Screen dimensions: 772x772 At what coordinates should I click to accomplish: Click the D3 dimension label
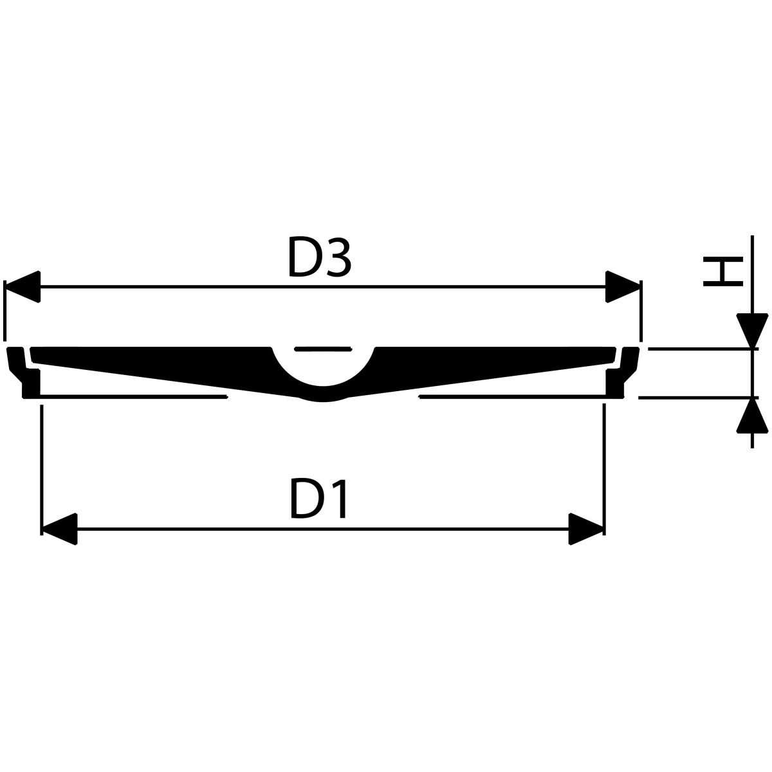click(320, 257)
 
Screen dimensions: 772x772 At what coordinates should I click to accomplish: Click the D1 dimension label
click(318, 499)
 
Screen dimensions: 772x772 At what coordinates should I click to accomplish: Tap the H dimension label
click(723, 271)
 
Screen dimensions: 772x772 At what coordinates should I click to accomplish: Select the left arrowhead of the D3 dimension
click(22, 286)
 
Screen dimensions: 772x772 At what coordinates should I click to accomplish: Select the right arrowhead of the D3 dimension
click(623, 286)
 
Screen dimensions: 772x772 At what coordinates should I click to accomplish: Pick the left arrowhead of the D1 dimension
click(59, 529)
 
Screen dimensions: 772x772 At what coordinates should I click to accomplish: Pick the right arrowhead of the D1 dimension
click(586, 529)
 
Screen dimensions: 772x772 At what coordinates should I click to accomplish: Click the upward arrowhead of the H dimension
click(752, 416)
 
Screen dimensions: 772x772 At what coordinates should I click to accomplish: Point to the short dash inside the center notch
click(323, 349)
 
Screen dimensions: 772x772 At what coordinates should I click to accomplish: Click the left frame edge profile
click(23, 372)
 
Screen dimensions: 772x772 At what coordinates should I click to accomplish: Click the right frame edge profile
click(622, 372)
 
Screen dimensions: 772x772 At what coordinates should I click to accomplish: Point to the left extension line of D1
click(42, 470)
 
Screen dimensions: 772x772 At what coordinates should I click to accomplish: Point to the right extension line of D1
click(604, 470)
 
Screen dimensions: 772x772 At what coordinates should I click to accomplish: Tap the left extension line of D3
click(5, 311)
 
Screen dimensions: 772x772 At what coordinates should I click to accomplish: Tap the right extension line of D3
click(641, 311)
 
